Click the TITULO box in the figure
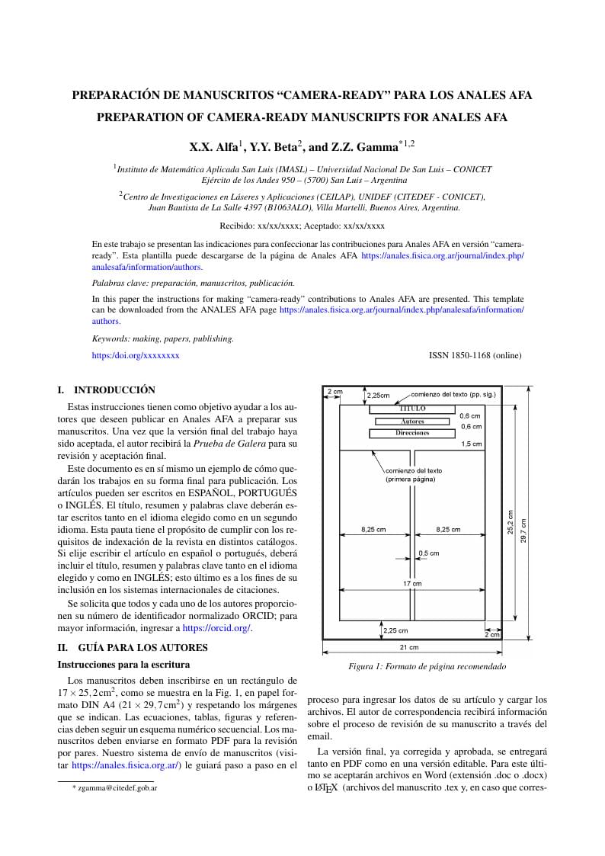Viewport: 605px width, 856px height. click(412, 409)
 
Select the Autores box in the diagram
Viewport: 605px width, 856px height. click(412, 421)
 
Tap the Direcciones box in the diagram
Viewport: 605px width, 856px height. click(412, 433)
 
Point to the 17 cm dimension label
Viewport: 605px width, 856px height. click(412, 583)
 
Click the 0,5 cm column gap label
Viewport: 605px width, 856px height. click(429, 553)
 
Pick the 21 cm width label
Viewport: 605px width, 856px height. click(409, 648)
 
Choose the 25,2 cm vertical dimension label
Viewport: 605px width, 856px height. click(511, 521)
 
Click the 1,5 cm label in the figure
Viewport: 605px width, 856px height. click(471, 444)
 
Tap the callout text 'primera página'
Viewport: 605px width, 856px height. click(411, 479)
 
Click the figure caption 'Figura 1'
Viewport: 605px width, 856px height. click(427, 666)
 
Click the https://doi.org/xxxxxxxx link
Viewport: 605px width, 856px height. click(136, 355)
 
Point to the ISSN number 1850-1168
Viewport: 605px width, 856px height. click(475, 355)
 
